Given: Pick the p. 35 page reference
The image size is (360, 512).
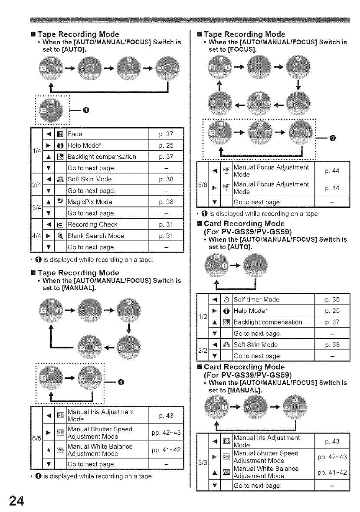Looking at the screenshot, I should [x=333, y=300].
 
